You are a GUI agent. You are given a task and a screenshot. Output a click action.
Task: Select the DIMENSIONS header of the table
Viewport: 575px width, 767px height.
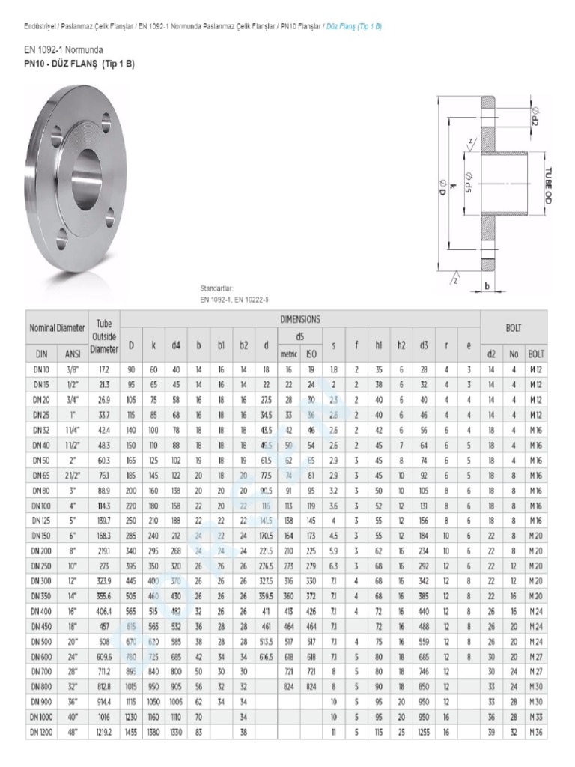pyautogui.click(x=299, y=318)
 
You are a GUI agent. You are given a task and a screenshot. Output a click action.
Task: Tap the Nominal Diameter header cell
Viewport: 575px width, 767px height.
pyautogui.click(x=57, y=328)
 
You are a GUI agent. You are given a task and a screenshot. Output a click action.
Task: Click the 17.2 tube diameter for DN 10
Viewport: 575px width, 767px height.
pyautogui.click(x=104, y=369)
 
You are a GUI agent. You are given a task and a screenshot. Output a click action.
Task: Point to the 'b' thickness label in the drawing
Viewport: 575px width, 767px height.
pyautogui.click(x=487, y=285)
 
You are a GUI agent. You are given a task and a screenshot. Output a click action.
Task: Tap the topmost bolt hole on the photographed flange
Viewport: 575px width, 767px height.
pyautogui.click(x=108, y=118)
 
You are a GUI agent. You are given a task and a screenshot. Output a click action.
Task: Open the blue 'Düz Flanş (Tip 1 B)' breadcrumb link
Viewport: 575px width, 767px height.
pyautogui.click(x=354, y=26)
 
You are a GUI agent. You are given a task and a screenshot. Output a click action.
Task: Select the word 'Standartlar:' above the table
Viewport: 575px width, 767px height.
pyautogui.click(x=218, y=288)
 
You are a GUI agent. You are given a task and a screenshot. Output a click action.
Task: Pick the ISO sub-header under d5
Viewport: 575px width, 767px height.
pyautogui.click(x=311, y=353)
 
